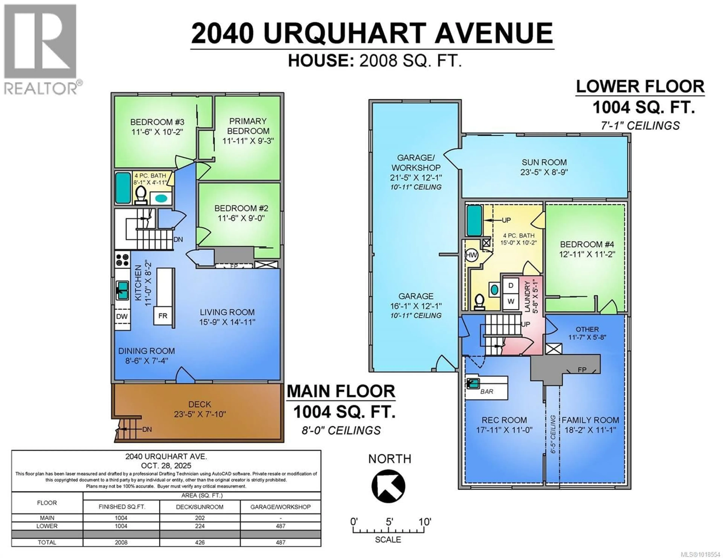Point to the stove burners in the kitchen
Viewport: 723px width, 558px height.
pyautogui.click(x=122, y=260)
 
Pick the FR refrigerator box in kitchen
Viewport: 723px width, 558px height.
pyautogui.click(x=162, y=316)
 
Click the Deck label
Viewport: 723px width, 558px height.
pyautogui.click(x=200, y=404)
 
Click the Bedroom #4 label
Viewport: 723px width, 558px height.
pyautogui.click(x=587, y=244)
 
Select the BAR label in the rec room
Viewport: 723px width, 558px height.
pyautogui.click(x=487, y=392)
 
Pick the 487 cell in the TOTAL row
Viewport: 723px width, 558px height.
pyautogui.click(x=280, y=542)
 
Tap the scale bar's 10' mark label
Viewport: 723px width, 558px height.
pyautogui.click(x=425, y=522)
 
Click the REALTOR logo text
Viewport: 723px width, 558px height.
pyautogui.click(x=41, y=88)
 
